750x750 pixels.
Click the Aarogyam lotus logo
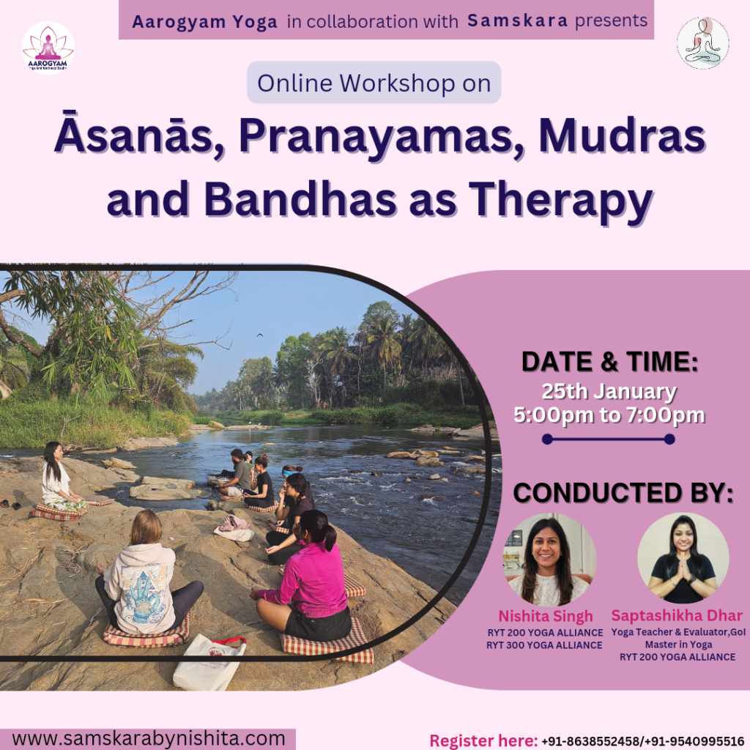tap(48, 48)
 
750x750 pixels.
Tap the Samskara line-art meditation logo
tap(702, 43)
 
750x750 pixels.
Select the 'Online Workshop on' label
tap(374, 83)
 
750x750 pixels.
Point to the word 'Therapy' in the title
tap(562, 201)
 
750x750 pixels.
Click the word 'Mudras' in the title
tap(623, 136)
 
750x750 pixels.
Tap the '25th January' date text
tap(609, 391)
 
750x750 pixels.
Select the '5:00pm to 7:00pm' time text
tap(609, 415)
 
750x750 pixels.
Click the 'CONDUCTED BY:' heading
tap(623, 493)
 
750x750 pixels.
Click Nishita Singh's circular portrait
tap(549, 560)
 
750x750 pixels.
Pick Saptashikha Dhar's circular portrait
tap(683, 558)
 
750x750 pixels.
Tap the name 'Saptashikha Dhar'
tap(677, 615)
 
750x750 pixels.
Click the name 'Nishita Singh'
tap(546, 616)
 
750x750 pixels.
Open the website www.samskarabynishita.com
tap(149, 738)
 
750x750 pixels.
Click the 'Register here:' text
tap(483, 740)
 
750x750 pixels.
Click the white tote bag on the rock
tap(209, 662)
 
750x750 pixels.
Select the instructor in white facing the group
tap(60, 478)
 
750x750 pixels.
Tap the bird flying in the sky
tap(260, 335)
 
